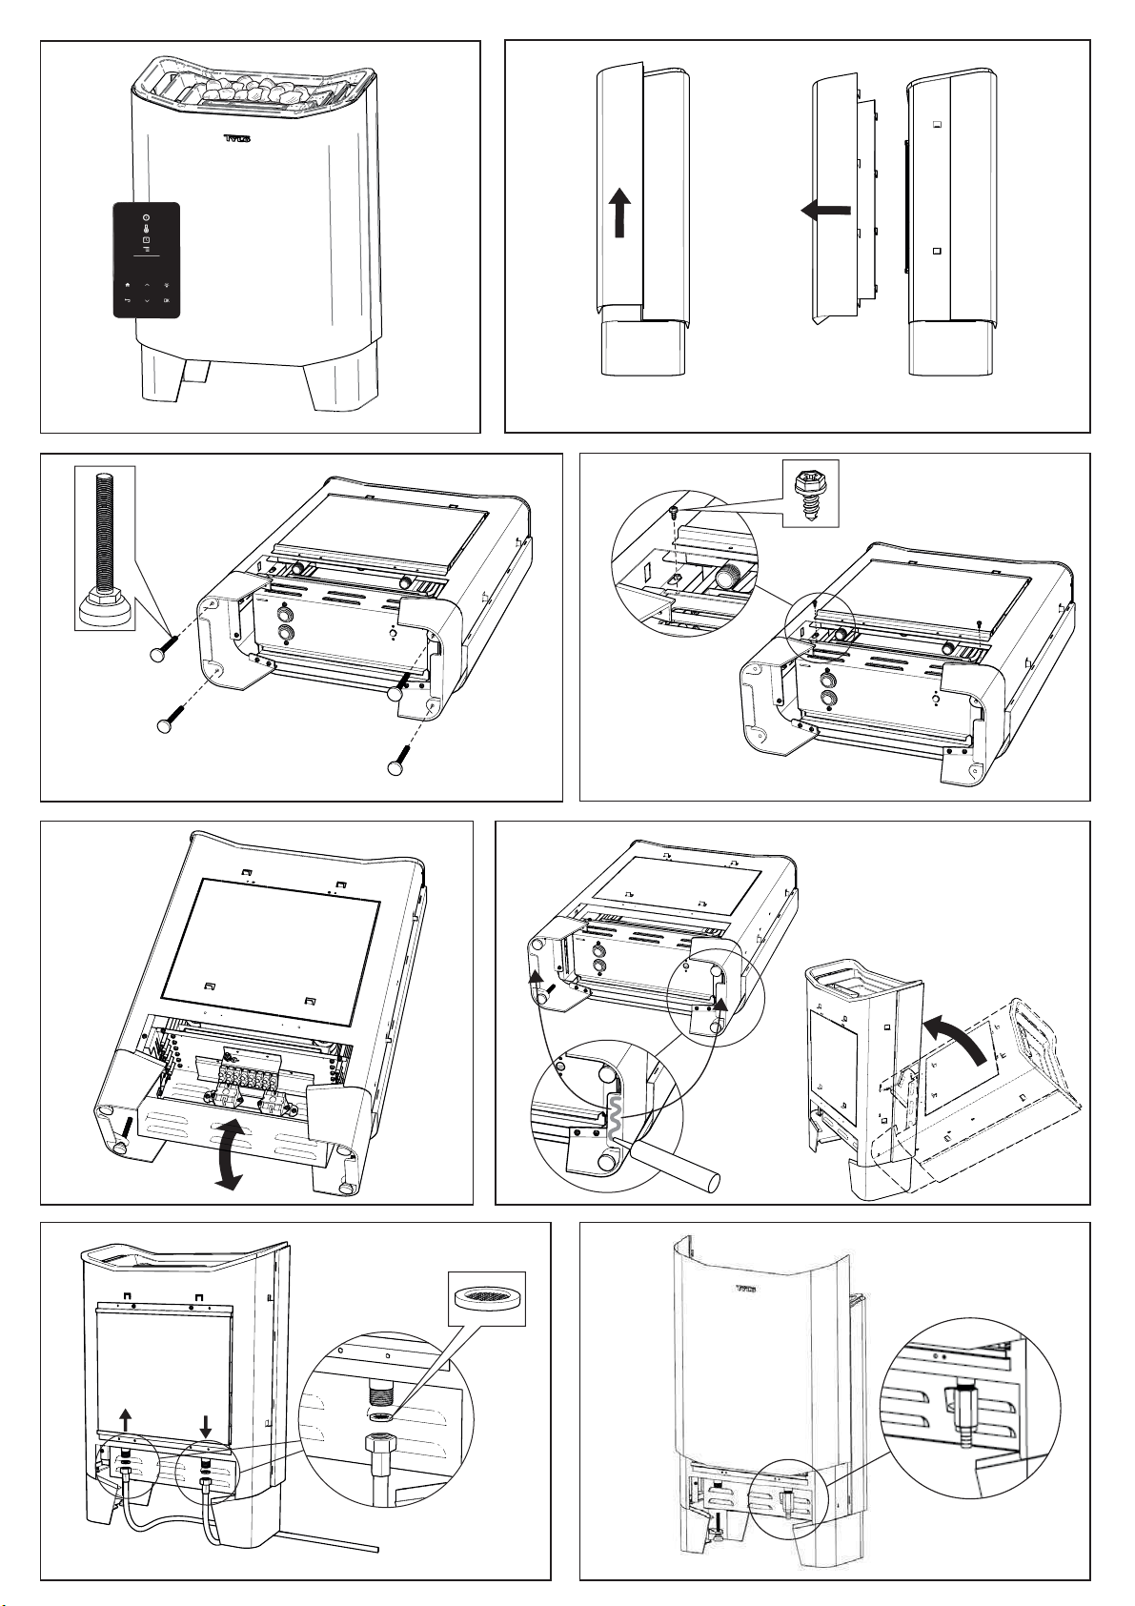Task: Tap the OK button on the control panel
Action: coord(167,301)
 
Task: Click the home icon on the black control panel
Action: coord(127,284)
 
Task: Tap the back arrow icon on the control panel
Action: coord(127,301)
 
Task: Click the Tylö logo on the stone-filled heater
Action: coord(236,139)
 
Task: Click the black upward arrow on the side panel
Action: coord(619,211)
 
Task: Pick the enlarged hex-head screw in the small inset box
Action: coord(810,493)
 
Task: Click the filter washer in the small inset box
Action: coord(486,1297)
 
